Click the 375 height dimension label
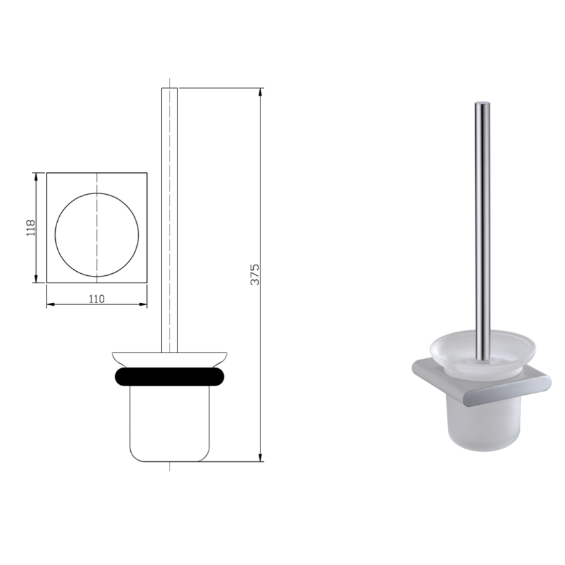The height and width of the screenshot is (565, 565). pos(255,274)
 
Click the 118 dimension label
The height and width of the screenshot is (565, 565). pos(29,228)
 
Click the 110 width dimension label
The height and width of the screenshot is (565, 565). pos(96,299)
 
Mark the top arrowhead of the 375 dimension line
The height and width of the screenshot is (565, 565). pos(260,91)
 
